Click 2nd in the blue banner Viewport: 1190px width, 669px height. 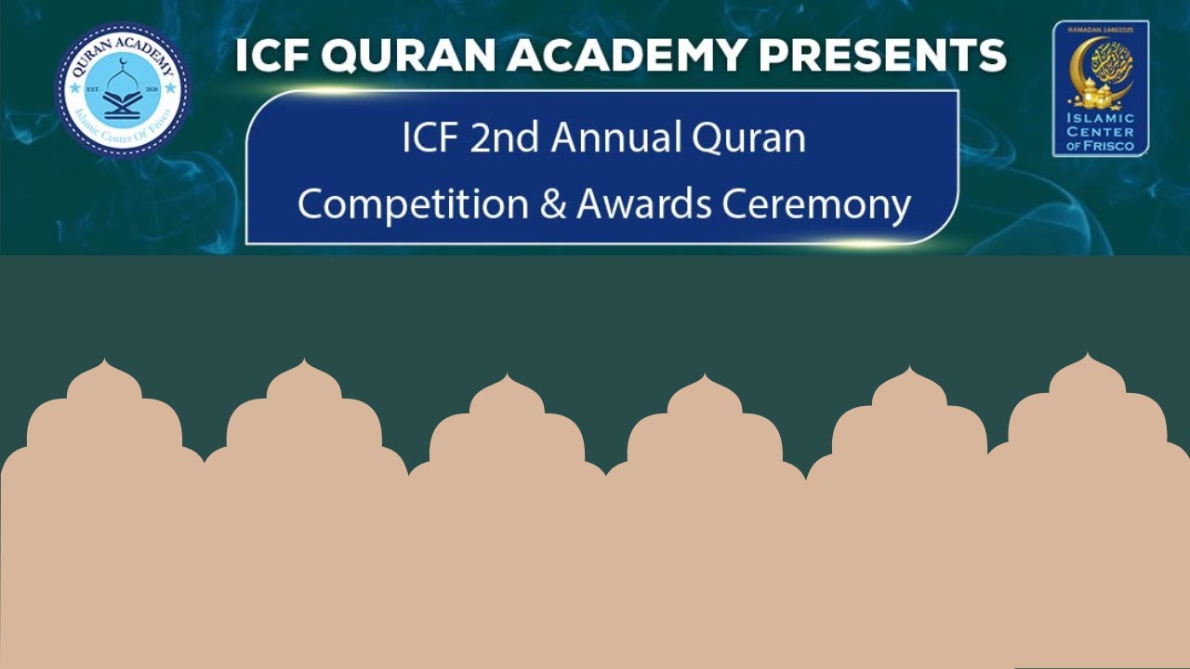point(506,139)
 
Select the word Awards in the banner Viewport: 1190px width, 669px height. point(642,204)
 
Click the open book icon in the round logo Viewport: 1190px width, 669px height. point(123,102)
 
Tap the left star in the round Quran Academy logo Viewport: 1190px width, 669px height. point(74,89)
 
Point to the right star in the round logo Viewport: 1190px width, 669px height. point(171,89)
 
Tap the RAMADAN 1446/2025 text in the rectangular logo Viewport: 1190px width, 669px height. point(1101,31)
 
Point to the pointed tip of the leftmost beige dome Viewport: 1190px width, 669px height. point(104,361)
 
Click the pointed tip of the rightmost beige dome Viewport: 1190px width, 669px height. point(1087,355)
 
